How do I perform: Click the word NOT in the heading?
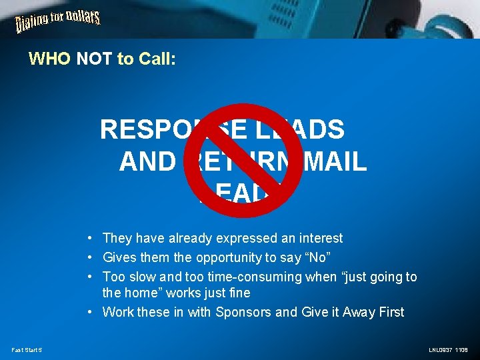pos(95,59)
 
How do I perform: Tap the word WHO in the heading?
pos(49,59)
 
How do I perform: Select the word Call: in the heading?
pos(157,59)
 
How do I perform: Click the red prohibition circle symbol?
pos(244,161)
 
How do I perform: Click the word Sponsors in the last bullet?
pos(244,312)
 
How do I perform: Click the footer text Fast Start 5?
pos(27,349)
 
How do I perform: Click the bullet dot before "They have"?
pos(89,239)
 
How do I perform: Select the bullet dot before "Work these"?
pos(89,313)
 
